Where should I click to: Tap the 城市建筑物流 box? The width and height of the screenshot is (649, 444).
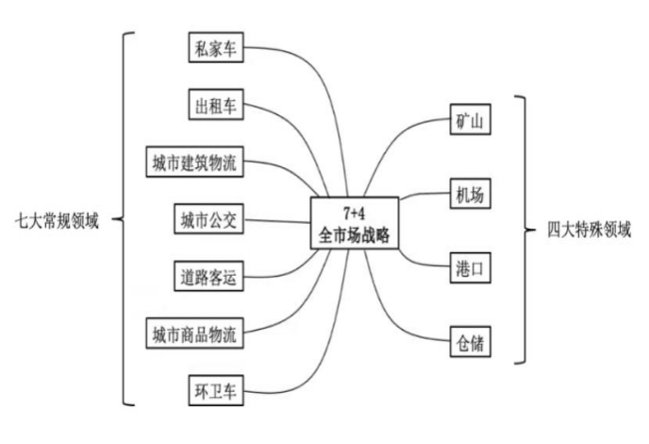point(194,162)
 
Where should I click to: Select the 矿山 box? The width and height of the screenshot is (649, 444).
point(470,123)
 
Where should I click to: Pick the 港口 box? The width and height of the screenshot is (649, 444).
point(470,265)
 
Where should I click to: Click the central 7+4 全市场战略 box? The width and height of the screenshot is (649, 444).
point(354,224)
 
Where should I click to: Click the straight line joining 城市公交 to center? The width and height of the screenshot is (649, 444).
point(278,222)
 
